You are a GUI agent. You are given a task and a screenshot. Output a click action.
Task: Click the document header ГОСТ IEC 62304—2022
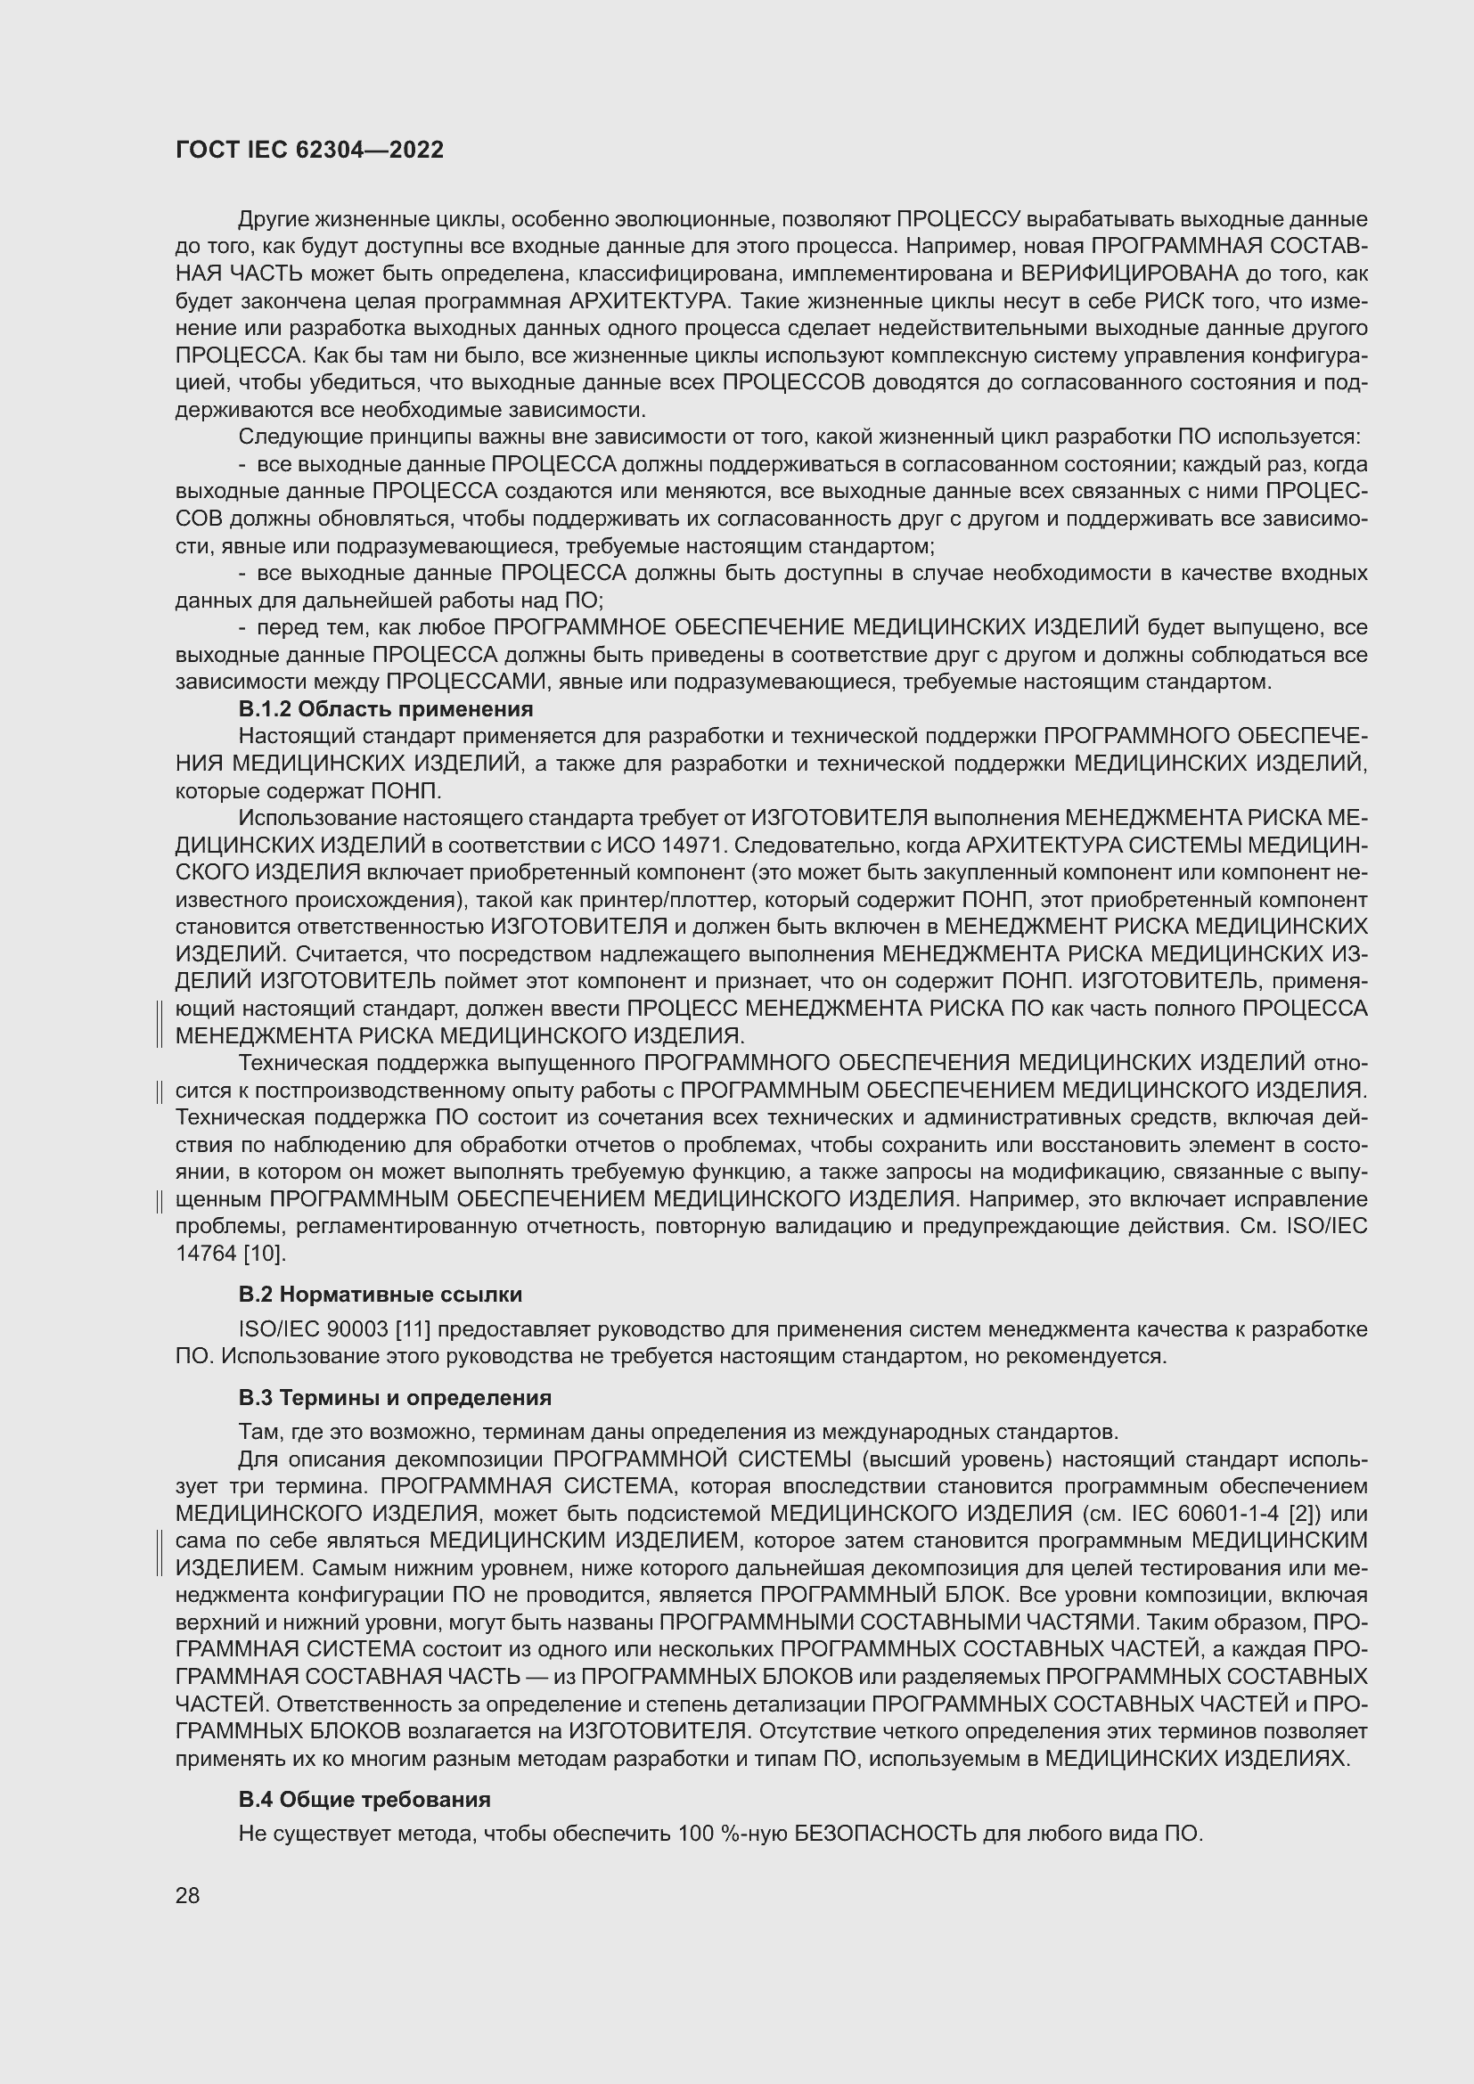tap(309, 151)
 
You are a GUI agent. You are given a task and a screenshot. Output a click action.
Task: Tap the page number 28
tap(187, 1895)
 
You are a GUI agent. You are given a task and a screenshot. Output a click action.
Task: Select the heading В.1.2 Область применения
tap(386, 709)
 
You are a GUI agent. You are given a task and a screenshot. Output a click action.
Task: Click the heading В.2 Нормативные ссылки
tap(381, 1295)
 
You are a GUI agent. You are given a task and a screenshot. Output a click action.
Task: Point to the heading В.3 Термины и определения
tap(395, 1398)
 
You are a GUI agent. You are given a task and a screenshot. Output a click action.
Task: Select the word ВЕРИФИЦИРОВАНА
tap(1129, 274)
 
